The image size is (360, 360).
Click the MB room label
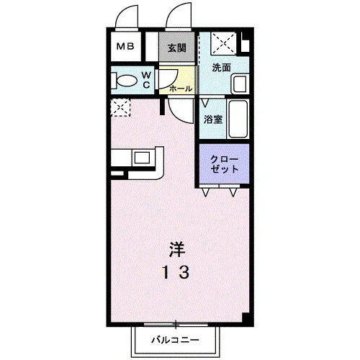(x=125, y=46)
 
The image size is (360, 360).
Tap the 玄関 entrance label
(x=176, y=48)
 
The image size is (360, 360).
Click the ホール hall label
(x=181, y=89)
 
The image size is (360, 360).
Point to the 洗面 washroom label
(x=221, y=68)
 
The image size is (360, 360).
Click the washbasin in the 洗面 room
(x=239, y=84)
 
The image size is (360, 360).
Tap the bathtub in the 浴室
(x=238, y=119)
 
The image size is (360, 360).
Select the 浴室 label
(x=213, y=120)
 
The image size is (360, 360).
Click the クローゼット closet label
(x=224, y=164)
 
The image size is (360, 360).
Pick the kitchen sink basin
(x=142, y=158)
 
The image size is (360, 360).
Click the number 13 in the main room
(x=176, y=273)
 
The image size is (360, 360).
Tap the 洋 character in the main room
(x=177, y=250)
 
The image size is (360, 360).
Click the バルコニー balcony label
(x=175, y=340)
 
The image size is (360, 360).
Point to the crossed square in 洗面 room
(x=223, y=43)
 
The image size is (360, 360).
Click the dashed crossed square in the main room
(x=120, y=107)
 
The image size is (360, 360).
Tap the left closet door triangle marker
(x=205, y=192)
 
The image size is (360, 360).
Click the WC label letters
(x=146, y=80)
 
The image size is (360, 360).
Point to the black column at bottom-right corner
(x=246, y=319)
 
